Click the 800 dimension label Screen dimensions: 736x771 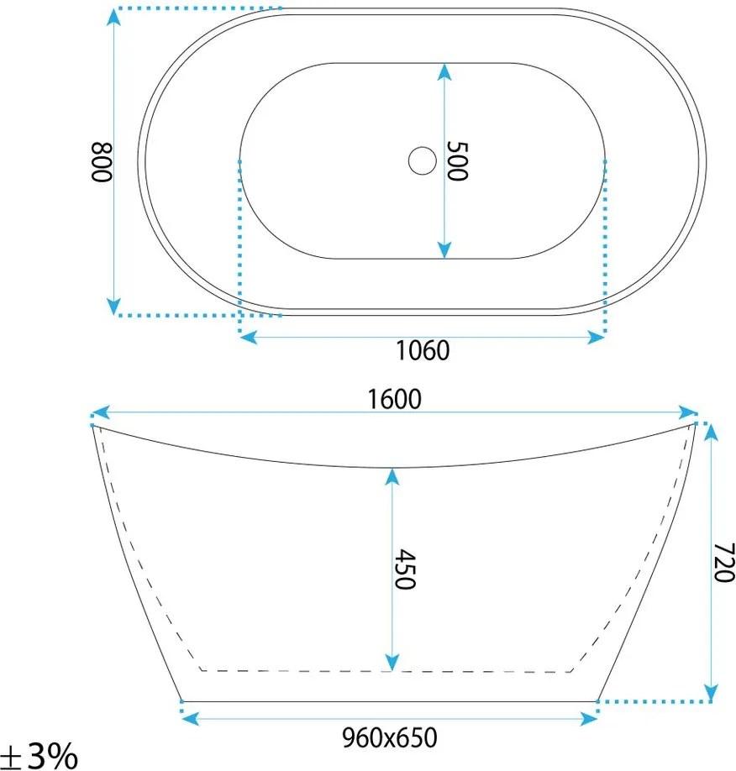coord(103,162)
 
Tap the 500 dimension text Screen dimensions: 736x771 coord(457,160)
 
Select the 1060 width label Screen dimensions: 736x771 coord(423,350)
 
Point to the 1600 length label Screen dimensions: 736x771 coord(395,399)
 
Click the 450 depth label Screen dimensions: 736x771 coord(406,569)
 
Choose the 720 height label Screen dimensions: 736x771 coord(723,563)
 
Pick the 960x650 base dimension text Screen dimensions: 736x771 coord(390,737)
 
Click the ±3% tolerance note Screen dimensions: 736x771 coord(39,755)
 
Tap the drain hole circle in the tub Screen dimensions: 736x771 coord(422,160)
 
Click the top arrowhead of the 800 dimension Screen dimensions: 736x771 coord(113,18)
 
